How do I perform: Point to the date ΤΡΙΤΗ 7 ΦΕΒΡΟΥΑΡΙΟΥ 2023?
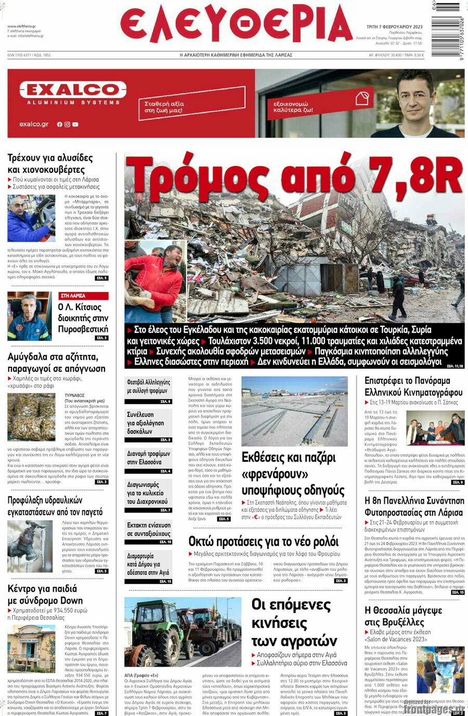(x=394, y=27)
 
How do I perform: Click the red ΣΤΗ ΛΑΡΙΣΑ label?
(x=83, y=296)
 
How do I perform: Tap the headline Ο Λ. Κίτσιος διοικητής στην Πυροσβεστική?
(x=83, y=318)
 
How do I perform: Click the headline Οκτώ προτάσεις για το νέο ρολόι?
(x=263, y=542)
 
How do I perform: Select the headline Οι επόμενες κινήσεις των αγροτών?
(x=294, y=623)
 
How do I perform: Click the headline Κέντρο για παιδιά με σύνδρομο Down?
(x=45, y=595)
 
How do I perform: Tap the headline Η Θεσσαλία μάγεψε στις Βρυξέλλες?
(x=404, y=616)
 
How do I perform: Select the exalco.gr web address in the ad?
(x=34, y=124)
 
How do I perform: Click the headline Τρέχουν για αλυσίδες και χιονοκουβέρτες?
(x=50, y=163)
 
